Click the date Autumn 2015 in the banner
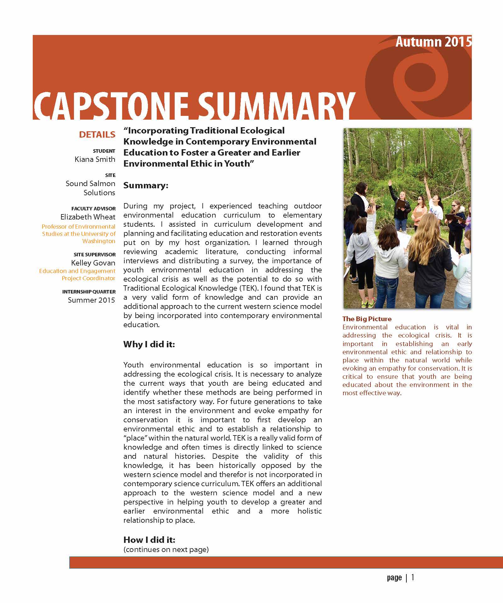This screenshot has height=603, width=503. tap(433, 42)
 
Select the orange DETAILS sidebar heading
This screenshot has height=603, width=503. tap(97, 135)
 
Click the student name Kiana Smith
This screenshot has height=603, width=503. tap(95, 159)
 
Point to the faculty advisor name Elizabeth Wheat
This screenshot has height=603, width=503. tap(88, 217)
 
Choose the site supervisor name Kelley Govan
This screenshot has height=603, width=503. tap(93, 263)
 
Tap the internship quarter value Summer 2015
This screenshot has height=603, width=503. tap(91, 300)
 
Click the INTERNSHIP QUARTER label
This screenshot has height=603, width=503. tap(89, 292)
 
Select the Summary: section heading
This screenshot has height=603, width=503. tap(146, 185)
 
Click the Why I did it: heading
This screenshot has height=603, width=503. tap(149, 344)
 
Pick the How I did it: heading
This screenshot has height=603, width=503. tap(149, 540)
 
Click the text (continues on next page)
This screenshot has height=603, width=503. tap(166, 549)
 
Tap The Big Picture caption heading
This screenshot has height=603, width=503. tap(367, 319)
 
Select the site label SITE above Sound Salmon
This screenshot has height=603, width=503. tap(110, 175)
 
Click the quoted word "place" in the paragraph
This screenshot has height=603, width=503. tap(135, 438)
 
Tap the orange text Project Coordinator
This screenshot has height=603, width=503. tap(88, 278)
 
